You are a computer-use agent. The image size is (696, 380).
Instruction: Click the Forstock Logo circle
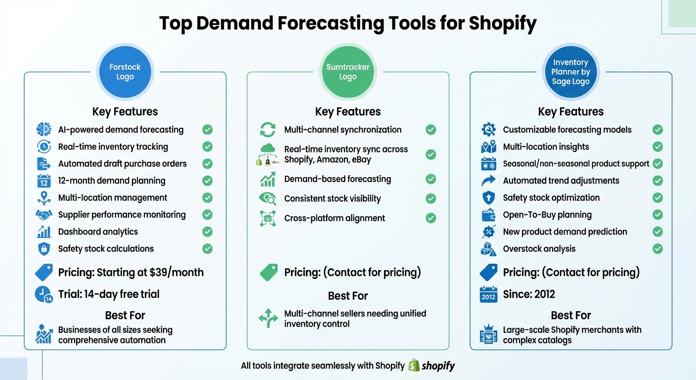[125, 72]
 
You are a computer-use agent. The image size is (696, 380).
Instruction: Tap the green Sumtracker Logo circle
[348, 72]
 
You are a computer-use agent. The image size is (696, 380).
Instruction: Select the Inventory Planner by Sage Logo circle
[570, 72]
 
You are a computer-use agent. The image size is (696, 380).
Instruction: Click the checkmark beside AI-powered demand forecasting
[208, 130]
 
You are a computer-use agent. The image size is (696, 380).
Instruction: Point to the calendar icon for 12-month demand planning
[44, 181]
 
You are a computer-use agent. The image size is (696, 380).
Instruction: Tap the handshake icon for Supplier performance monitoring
[44, 215]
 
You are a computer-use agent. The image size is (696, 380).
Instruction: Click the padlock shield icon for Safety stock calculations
[44, 249]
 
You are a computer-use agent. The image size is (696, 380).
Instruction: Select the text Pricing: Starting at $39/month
[131, 272]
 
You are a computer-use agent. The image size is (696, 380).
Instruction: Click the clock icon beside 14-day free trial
[44, 294]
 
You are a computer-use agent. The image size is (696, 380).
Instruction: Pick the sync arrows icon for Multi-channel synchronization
[268, 130]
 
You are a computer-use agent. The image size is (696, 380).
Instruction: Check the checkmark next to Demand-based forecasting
[431, 179]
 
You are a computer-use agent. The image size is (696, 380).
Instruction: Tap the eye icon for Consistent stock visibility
[268, 199]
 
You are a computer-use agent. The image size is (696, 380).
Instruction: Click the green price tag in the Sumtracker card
[268, 272]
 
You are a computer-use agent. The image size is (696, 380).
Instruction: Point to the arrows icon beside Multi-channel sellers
[268, 319]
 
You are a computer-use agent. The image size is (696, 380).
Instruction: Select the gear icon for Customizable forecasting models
[488, 130]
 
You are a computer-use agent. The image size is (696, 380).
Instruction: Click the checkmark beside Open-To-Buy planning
[657, 215]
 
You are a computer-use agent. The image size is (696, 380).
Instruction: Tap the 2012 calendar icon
[488, 295]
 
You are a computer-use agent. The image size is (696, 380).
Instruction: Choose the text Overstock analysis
[539, 249]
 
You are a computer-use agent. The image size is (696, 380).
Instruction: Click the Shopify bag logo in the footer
[414, 366]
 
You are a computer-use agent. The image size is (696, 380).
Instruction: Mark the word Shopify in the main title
[502, 23]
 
